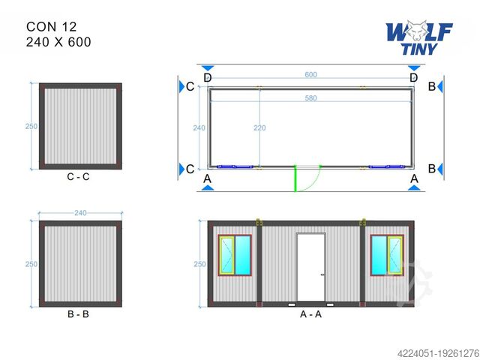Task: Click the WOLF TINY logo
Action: tap(419, 37)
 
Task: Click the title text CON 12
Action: tap(51, 26)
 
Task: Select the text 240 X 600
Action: tap(58, 42)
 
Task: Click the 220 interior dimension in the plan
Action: tap(259, 128)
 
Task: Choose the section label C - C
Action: tap(79, 177)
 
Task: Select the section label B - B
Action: tap(78, 314)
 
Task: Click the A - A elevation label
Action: tap(310, 314)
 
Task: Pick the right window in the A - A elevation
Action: tap(387, 254)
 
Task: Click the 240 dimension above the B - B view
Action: tap(80, 213)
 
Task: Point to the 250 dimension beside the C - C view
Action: tap(31, 127)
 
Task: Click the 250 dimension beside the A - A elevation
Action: tap(199, 264)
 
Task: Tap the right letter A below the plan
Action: tap(413, 178)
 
